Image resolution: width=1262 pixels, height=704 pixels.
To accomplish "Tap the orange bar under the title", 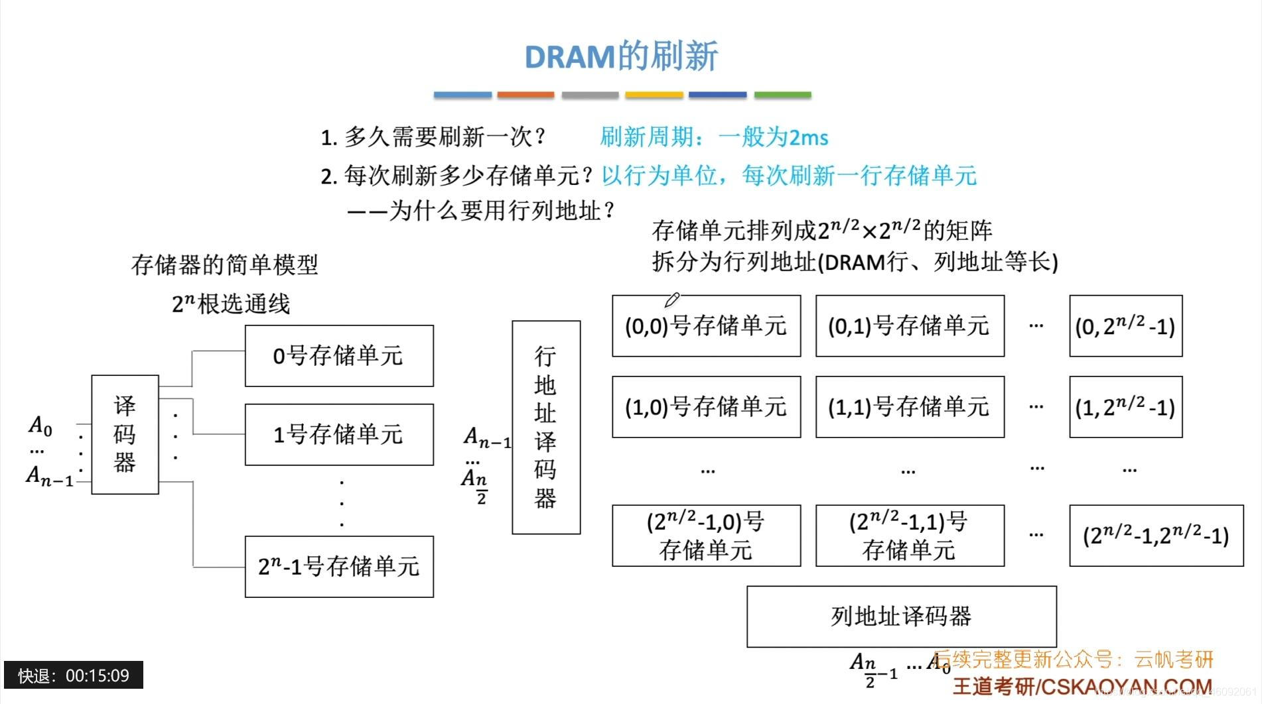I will pyautogui.click(x=526, y=95).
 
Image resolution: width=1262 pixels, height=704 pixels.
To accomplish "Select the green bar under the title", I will pyautogui.click(x=782, y=95).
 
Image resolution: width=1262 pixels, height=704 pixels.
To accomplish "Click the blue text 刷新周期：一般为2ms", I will pyautogui.click(x=714, y=137).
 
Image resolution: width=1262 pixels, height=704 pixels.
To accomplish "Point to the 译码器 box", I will pyautogui.click(x=125, y=434).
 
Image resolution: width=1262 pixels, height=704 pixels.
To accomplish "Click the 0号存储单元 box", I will pyautogui.click(x=339, y=356).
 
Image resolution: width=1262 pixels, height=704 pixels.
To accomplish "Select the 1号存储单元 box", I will pyautogui.click(x=339, y=434).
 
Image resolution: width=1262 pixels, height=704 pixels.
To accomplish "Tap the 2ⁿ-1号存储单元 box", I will pyautogui.click(x=339, y=567).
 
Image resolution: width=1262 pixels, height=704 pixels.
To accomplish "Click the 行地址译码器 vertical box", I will pyautogui.click(x=545, y=427).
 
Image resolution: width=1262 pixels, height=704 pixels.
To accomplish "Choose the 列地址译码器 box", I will pyautogui.click(x=901, y=616).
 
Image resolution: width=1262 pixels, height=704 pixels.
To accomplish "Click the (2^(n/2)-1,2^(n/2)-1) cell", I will pyautogui.click(x=1156, y=536).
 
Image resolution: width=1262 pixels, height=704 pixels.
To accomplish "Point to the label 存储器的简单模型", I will pyautogui.click(x=225, y=265).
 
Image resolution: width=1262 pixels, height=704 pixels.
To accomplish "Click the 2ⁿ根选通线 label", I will pyautogui.click(x=231, y=304).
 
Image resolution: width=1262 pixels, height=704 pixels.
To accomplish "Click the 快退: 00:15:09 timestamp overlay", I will pyautogui.click(x=74, y=675).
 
